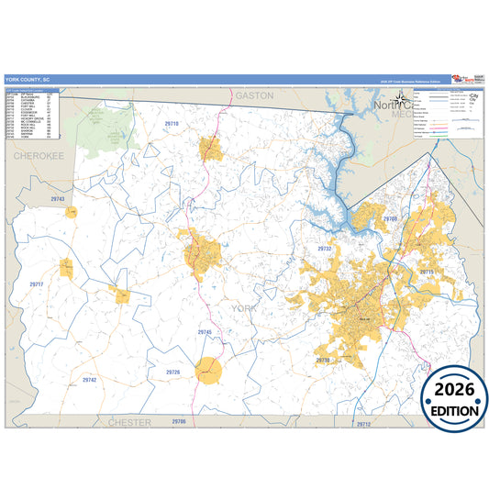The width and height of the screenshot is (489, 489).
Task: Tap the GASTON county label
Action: (x=255, y=94)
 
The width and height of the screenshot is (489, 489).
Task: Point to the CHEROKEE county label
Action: (x=38, y=157)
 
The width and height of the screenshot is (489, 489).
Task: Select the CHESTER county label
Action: (x=129, y=422)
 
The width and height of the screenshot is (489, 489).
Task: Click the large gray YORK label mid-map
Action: (x=245, y=309)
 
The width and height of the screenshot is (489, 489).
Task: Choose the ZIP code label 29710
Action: (x=172, y=123)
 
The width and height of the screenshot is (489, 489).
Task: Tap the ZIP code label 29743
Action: (x=59, y=198)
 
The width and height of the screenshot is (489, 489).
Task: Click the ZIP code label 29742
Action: (x=89, y=379)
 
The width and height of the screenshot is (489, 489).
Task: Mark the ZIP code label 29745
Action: (x=204, y=331)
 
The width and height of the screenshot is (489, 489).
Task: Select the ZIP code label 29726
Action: (x=173, y=372)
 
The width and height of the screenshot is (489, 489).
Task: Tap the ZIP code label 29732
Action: (x=324, y=249)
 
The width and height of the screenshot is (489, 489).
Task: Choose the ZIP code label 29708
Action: (x=390, y=219)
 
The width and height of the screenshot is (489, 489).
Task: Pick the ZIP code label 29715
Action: (x=427, y=272)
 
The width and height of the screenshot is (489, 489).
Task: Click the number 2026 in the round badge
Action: (x=455, y=386)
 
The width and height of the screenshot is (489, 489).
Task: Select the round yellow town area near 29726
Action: (x=210, y=370)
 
